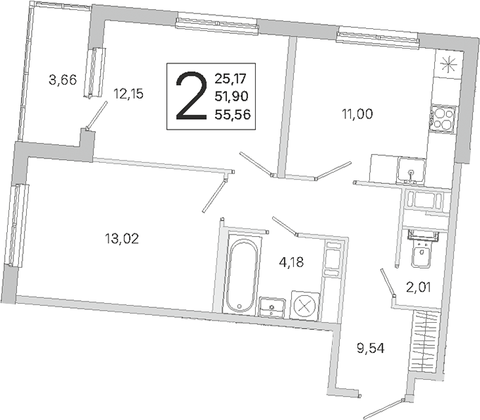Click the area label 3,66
pyautogui.click(x=63, y=80)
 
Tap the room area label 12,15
pyautogui.click(x=128, y=93)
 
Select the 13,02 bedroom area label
pyautogui.click(x=122, y=238)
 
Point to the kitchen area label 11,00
pyautogui.click(x=357, y=114)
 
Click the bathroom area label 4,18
pyautogui.click(x=291, y=262)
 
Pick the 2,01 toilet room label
pyautogui.click(x=419, y=288)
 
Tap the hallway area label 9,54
pyautogui.click(x=371, y=348)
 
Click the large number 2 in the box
pyautogui.click(x=191, y=96)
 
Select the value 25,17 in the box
pyautogui.click(x=230, y=79)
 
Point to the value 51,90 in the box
pyautogui.click(x=231, y=97)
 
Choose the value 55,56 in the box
pyautogui.click(x=233, y=114)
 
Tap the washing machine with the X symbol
pyautogui.click(x=304, y=306)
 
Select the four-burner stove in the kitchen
pyautogui.click(x=443, y=119)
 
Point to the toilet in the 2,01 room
pyautogui.click(x=422, y=248)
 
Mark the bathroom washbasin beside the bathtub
pyautogui.click(x=272, y=306)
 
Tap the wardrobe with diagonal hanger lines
pyautogui.click(x=426, y=340)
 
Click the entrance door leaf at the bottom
pyautogui.click(x=383, y=407)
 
